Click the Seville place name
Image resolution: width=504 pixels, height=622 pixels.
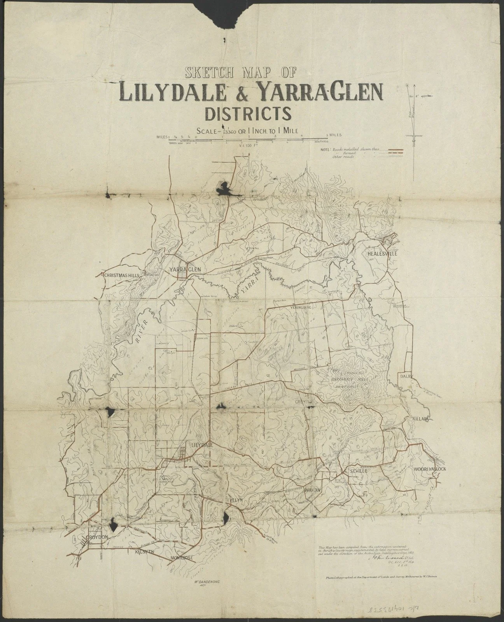click(358, 471)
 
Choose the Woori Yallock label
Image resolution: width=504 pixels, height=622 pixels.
click(429, 468)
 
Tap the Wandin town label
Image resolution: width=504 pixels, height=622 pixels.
click(313, 490)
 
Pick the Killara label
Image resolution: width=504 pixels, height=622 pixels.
click(421, 419)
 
